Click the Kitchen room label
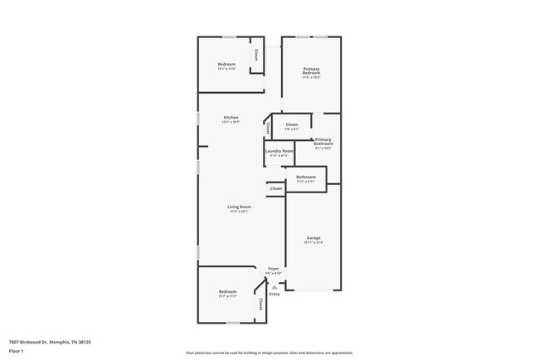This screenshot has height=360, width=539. [x=231, y=118]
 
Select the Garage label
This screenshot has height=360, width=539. [x=313, y=238]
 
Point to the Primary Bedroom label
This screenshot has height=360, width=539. [x=312, y=71]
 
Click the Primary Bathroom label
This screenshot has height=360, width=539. [x=323, y=142]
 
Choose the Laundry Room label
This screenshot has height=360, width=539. [x=279, y=151]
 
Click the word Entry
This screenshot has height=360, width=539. [x=274, y=294]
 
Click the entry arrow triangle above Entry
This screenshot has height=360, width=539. [x=274, y=287]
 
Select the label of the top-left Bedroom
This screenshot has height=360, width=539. [x=227, y=64]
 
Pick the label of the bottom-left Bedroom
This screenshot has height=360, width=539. [x=227, y=291]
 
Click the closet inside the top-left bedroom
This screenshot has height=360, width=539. [x=256, y=55]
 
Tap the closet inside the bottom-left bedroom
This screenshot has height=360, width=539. [x=261, y=304]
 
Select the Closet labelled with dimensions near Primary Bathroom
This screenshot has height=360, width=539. [x=291, y=124]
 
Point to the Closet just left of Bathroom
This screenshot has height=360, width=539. [x=276, y=188]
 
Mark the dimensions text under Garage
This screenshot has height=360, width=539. [x=313, y=242]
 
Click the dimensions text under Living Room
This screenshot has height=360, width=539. [x=239, y=211]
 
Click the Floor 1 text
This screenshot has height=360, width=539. [x=17, y=352]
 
